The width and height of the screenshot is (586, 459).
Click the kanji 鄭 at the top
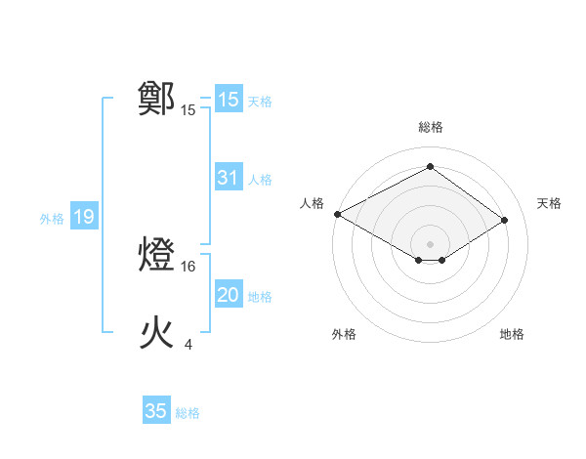[157, 99]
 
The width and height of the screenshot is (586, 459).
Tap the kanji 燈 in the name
[157, 255]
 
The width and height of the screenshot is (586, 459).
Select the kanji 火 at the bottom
[157, 333]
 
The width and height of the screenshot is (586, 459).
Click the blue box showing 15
[228, 100]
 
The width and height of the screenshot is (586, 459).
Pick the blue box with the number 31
[228, 178]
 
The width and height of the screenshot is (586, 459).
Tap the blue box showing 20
[228, 295]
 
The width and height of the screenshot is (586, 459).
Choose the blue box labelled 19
[83, 217]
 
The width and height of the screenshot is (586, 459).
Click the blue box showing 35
[156, 411]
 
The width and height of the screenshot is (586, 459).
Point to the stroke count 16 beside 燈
[188, 266]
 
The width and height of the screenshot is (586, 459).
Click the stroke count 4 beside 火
[188, 344]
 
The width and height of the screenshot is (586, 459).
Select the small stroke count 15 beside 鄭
[188, 110]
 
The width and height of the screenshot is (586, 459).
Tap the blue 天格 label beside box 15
[260, 101]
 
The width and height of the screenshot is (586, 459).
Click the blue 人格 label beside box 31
[260, 180]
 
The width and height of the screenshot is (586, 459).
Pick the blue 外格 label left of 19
[52, 219]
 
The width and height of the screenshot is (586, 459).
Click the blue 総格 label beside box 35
[188, 413]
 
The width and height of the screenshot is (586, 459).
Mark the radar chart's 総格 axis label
[430, 127]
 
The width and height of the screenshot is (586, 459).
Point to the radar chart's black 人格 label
[312, 203]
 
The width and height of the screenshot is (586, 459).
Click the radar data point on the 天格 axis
[504, 220]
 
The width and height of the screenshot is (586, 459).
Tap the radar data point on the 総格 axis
[430, 167]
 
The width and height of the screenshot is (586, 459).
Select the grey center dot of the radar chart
[430, 243]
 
